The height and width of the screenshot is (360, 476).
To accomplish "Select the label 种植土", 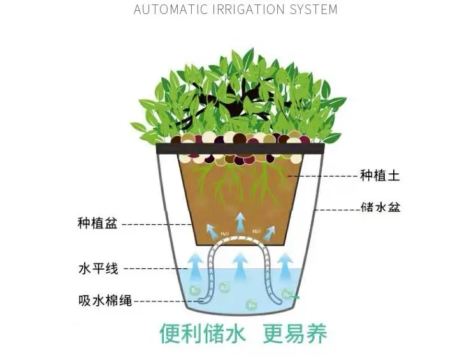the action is point(380,176).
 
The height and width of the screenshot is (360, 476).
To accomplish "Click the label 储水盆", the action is point(380,208).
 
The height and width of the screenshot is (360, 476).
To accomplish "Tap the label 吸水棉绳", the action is point(105,301).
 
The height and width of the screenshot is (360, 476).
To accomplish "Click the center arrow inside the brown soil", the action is point(240,222).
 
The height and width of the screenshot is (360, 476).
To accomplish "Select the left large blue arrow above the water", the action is point(194,264).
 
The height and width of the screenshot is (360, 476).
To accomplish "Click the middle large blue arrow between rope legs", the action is point(240,264).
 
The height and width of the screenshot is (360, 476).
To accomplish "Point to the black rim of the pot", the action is point(240,148).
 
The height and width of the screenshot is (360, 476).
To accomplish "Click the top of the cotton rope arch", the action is point(240,240).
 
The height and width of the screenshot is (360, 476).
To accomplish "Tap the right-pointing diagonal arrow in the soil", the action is point(270,230).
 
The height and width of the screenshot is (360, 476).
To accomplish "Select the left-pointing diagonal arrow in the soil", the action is point(211,229).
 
